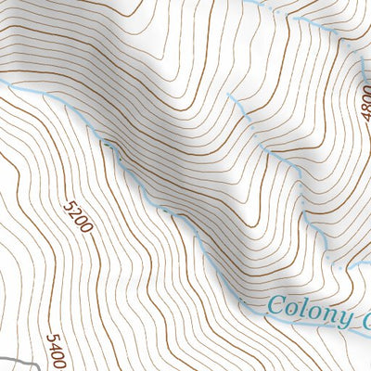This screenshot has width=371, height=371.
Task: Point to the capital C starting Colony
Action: coord(275,305)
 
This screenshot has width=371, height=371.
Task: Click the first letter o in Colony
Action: coord(290,309)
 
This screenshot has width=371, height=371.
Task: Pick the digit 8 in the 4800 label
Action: coord(364,97)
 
